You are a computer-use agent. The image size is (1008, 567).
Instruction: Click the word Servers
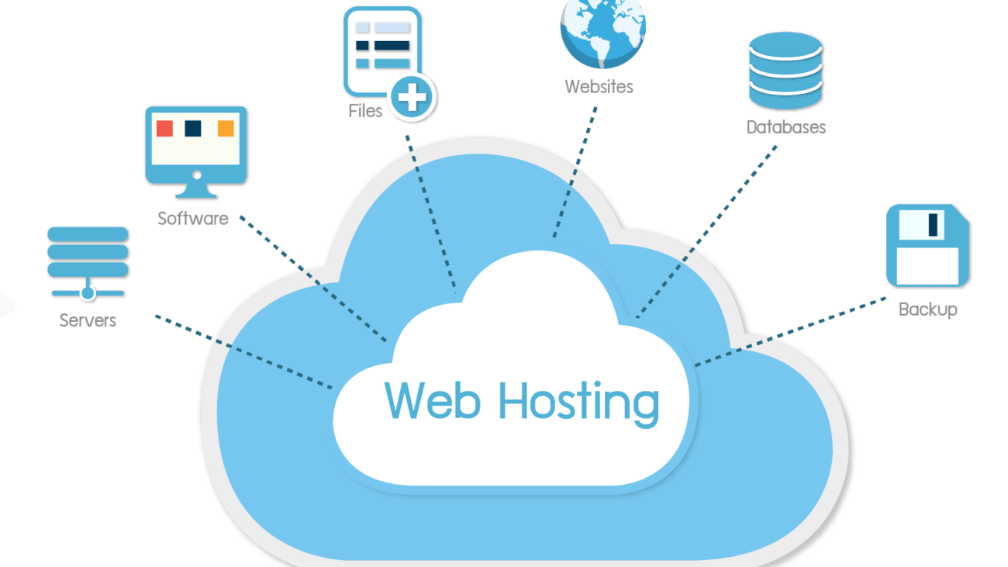coord(88,320)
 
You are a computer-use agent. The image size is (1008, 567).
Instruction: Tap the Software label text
coord(193,219)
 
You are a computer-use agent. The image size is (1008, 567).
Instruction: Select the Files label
coord(365,111)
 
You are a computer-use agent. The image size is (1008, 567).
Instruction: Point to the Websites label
coord(599,86)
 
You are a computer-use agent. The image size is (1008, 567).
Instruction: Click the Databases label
coord(786,127)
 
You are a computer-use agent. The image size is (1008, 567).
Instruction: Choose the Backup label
coord(928,309)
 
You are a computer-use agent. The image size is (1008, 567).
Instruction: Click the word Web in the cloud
coord(432,400)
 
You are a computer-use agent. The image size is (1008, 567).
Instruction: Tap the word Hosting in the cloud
coord(579,403)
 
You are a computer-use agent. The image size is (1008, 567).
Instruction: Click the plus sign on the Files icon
coord(412,97)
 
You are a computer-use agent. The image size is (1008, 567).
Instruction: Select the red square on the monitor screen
coord(164,128)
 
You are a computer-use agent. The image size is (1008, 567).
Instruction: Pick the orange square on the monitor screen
coord(226,128)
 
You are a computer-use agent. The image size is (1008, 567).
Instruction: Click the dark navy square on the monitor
coord(193,128)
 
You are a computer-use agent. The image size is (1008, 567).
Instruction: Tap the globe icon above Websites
coord(603,33)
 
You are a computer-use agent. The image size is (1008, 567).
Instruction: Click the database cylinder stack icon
coord(785,71)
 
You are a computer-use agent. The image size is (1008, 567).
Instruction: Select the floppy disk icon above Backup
coord(928,245)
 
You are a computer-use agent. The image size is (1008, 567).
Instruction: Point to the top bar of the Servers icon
coord(88,234)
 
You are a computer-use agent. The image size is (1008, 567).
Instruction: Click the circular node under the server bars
coord(88,293)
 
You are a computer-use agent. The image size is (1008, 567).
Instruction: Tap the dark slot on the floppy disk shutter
coord(933,224)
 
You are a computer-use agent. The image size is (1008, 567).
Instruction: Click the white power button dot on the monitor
coord(197,175)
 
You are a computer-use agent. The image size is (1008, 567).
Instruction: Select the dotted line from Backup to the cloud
coord(791,332)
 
